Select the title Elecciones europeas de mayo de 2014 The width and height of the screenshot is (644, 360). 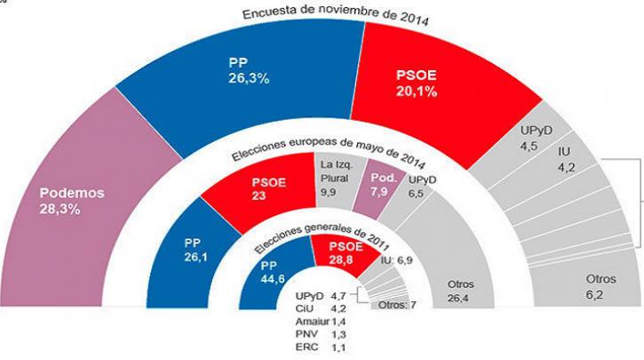[328, 152]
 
